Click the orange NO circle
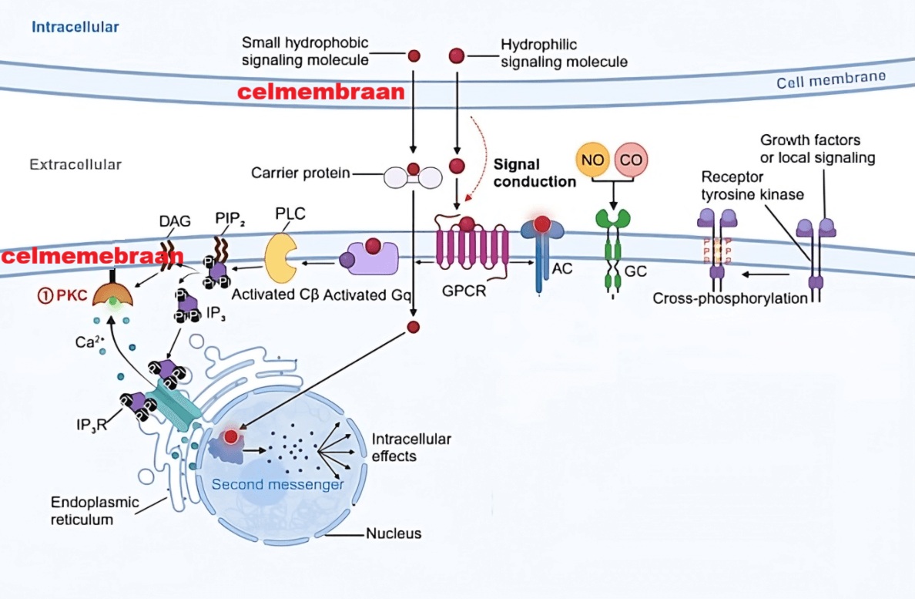tap(592, 160)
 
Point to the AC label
tap(562, 271)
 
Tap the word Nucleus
tap(394, 533)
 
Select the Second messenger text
tap(277, 484)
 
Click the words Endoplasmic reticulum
tap(84, 510)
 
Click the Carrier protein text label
tap(300, 173)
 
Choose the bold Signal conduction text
tap(535, 173)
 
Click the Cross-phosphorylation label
tap(729, 298)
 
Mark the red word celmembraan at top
tap(320, 93)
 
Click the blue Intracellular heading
tap(75, 27)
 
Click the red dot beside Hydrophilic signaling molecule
tap(457, 56)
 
